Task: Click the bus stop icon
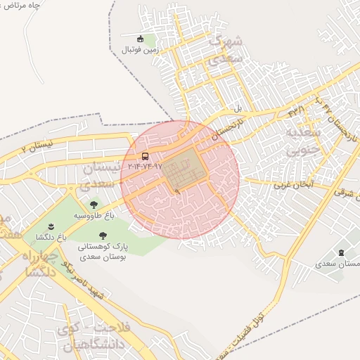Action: [145, 156]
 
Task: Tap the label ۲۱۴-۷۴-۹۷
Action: [145, 167]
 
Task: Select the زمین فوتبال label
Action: [141, 50]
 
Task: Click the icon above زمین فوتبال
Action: [141, 39]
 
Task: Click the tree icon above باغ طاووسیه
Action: [94, 205]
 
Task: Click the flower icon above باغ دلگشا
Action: [52, 226]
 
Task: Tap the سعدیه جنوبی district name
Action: [303, 139]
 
